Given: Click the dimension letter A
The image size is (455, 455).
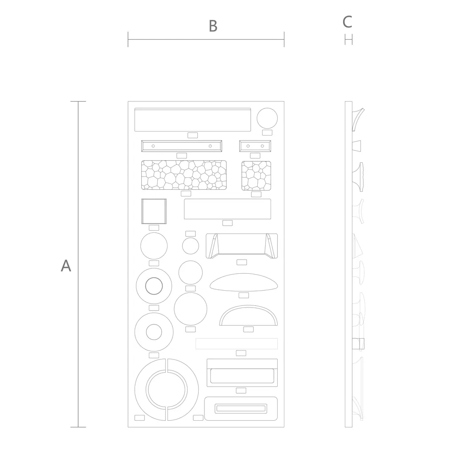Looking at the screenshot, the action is (66, 266).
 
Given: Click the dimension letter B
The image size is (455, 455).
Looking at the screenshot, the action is (213, 26).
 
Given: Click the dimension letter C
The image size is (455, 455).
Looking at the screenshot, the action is (347, 22).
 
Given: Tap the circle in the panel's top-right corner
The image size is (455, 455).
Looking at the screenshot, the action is (267, 118).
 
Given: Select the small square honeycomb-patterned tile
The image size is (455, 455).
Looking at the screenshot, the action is (256, 176).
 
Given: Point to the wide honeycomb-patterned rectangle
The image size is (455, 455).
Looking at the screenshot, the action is (184, 175).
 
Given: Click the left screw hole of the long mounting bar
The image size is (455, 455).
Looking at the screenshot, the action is (153, 146).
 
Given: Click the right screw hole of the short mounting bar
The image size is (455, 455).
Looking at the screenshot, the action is (262, 146).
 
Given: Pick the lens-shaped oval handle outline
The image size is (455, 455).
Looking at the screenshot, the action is (243, 282).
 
